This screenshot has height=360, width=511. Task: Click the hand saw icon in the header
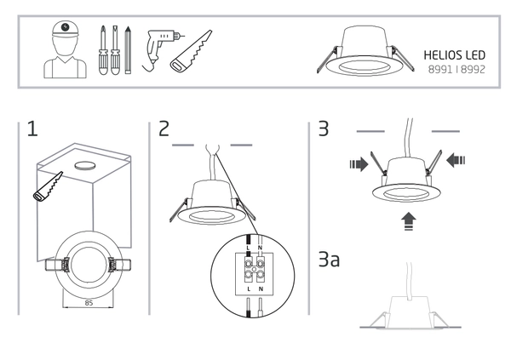pyautogui.click(x=192, y=51)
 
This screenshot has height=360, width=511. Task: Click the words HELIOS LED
pyautogui.click(x=454, y=53)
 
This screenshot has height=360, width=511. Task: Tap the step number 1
pyautogui.click(x=32, y=130)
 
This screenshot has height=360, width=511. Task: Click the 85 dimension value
pyautogui.click(x=88, y=301)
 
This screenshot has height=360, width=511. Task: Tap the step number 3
pyautogui.click(x=322, y=130)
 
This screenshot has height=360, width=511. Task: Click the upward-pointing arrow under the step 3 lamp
pyautogui.click(x=410, y=220)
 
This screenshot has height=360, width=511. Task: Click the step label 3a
pyautogui.click(x=328, y=260)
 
